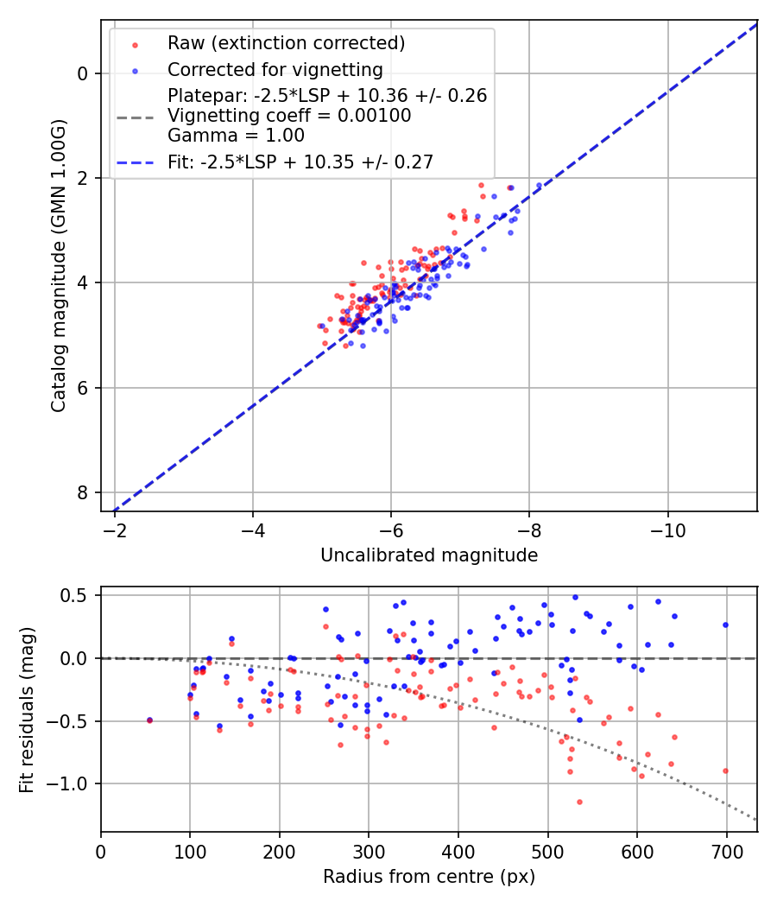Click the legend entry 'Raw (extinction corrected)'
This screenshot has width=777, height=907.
286,43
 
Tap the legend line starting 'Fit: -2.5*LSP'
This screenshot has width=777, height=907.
300,162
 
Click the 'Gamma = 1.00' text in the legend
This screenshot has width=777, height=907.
236,135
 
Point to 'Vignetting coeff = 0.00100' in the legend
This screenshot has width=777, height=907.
289,116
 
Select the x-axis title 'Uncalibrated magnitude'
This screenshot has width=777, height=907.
429,555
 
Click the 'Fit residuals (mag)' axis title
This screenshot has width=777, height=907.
27,709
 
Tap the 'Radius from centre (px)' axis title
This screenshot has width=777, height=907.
429,877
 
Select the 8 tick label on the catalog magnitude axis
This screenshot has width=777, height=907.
82,492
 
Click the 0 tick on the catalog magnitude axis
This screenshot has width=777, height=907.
82,73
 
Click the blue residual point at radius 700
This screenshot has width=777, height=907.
725,625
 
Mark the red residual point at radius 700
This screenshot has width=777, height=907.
725,771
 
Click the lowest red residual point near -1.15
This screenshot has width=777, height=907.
579,802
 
